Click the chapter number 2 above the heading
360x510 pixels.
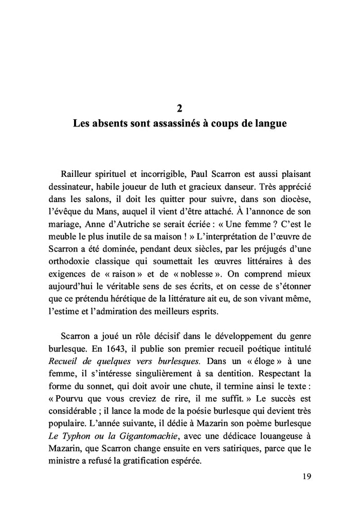[x=179, y=108]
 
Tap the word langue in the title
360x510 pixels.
[x=269, y=124]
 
